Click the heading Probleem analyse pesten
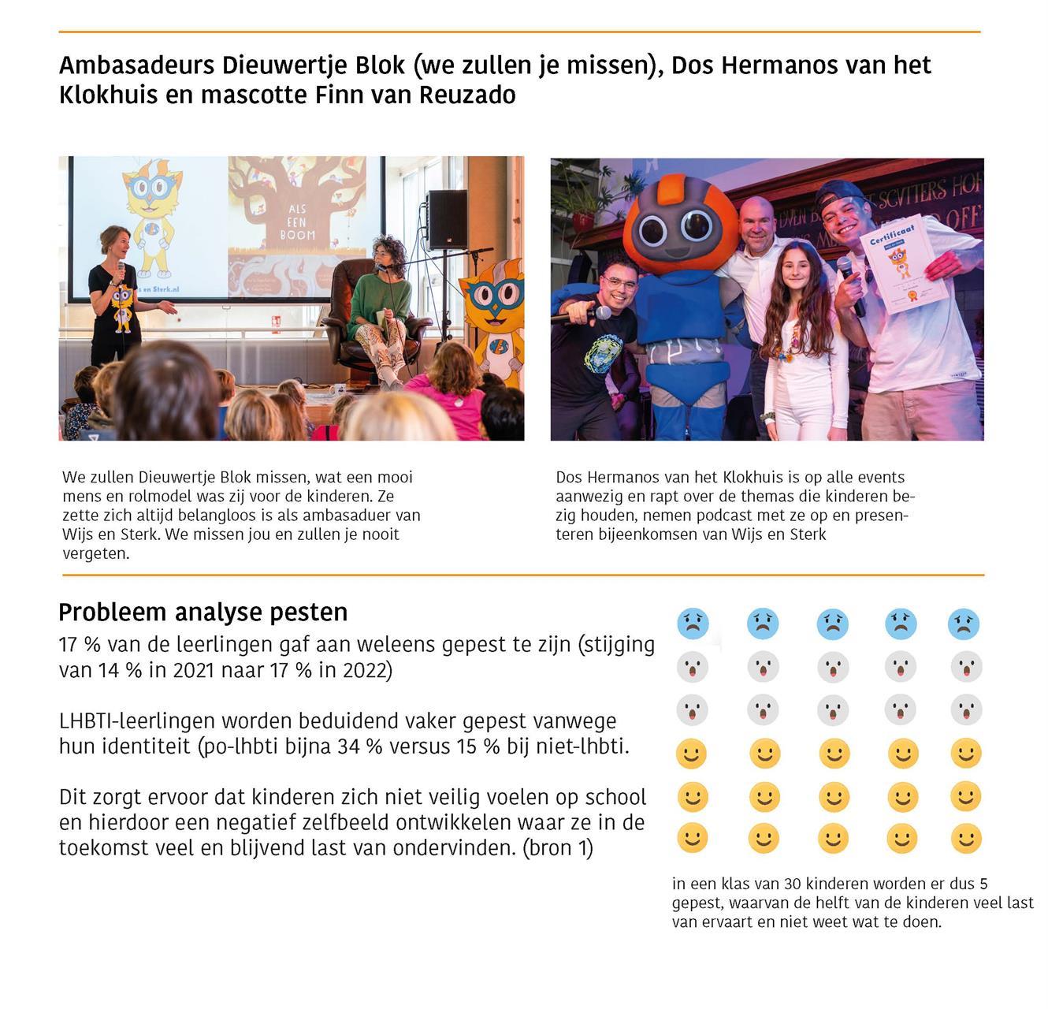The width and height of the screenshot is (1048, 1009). click(203, 612)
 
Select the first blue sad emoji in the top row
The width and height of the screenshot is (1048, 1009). click(693, 624)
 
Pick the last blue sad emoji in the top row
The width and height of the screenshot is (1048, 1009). click(963, 624)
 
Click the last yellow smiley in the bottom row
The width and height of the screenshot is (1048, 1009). click(965, 839)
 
